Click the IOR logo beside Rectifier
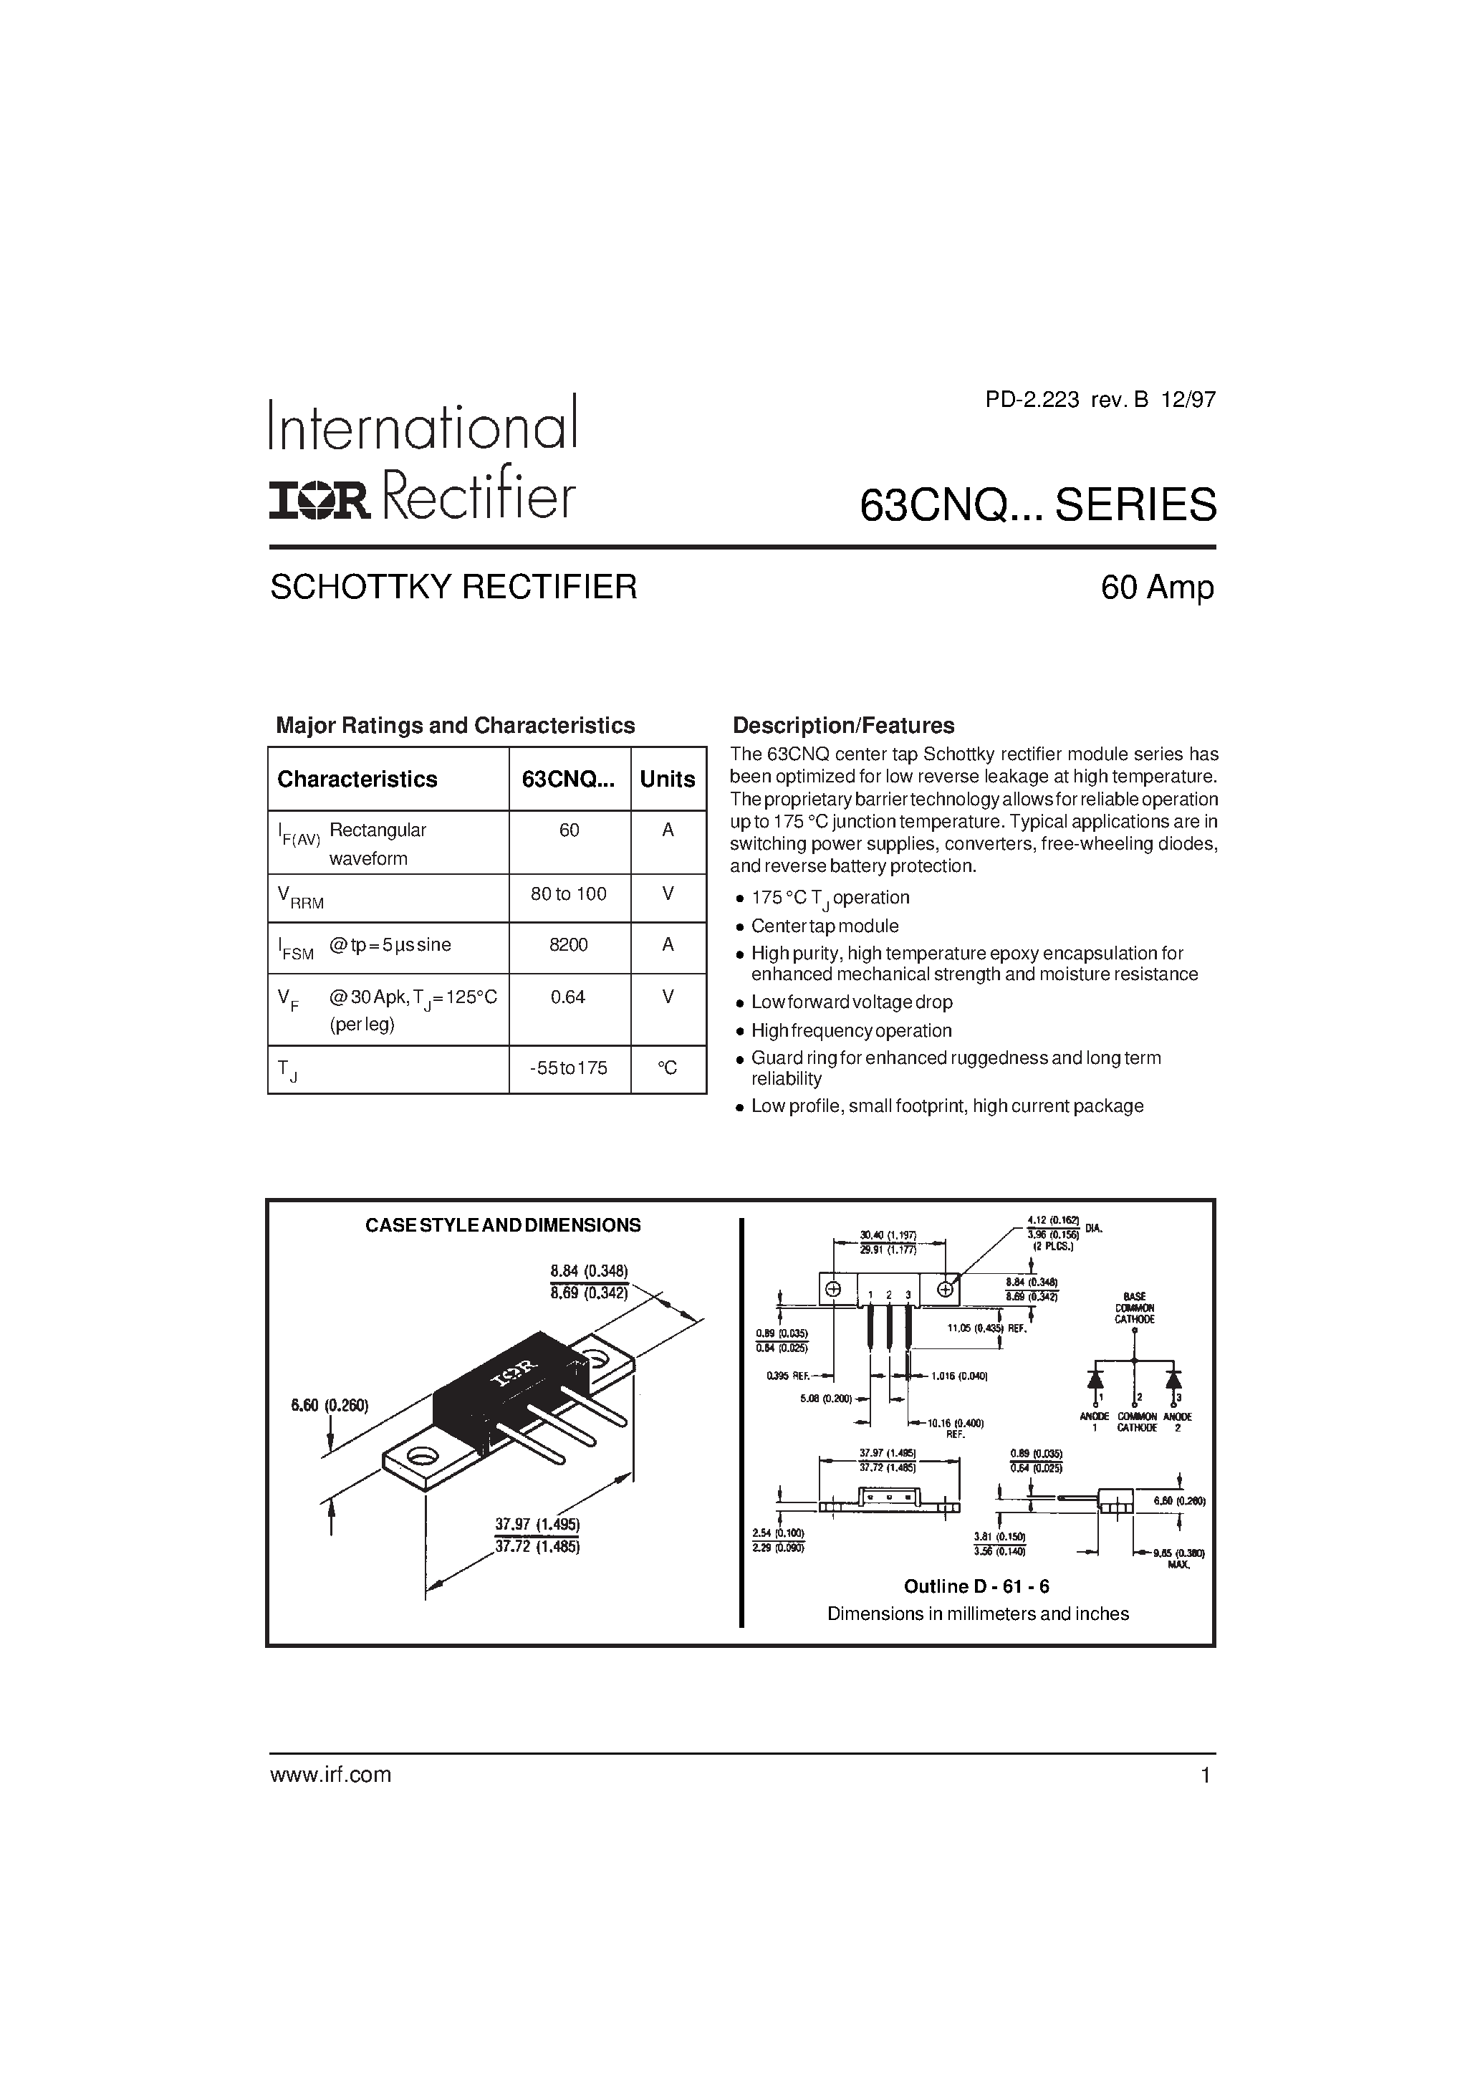pos(319,501)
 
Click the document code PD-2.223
pos(1032,400)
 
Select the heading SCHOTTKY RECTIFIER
pos(453,587)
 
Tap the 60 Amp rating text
pos(1157,588)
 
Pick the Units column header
pos(667,780)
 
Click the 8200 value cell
pos(569,945)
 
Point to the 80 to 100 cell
pos(569,894)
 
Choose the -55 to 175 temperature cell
pos(569,1068)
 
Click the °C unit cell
pos(667,1068)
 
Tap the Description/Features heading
pos(843,725)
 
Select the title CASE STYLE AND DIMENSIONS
pos(503,1225)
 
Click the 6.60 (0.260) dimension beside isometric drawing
pos(330,1406)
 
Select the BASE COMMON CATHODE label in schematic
pos(1134,1308)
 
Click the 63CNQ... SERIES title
pos(1037,504)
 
